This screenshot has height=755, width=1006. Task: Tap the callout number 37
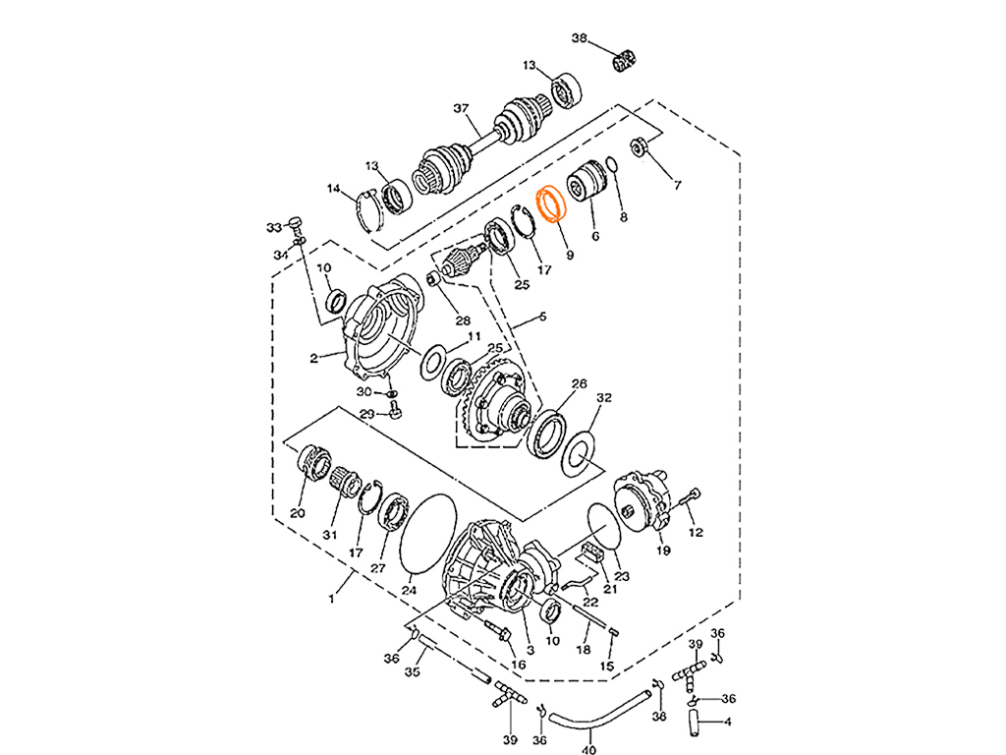(x=460, y=107)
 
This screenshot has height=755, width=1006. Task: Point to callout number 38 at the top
(x=580, y=37)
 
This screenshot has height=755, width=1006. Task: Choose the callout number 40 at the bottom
(x=588, y=747)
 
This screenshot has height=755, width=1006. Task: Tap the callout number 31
(x=330, y=534)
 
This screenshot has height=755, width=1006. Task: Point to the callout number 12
(x=696, y=531)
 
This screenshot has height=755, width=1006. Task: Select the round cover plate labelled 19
(x=643, y=501)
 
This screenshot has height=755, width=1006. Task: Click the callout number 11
(x=475, y=337)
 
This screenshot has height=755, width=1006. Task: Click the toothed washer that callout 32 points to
(x=580, y=448)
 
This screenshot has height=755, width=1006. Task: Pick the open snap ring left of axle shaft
(x=369, y=207)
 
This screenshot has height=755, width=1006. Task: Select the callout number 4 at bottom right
(x=727, y=721)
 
